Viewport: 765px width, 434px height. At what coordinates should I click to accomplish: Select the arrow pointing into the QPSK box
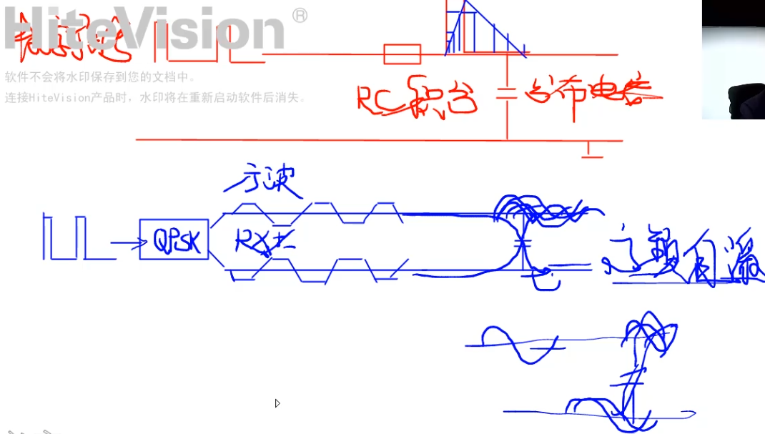point(124,245)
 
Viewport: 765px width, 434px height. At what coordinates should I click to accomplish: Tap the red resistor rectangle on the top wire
point(402,54)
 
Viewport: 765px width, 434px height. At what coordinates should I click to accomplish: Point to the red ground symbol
point(591,150)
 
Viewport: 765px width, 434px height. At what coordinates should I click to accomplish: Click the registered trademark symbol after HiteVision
point(300,16)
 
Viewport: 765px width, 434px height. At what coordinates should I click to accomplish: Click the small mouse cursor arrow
point(277,403)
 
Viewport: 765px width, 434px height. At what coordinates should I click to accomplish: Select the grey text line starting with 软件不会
point(100,78)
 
